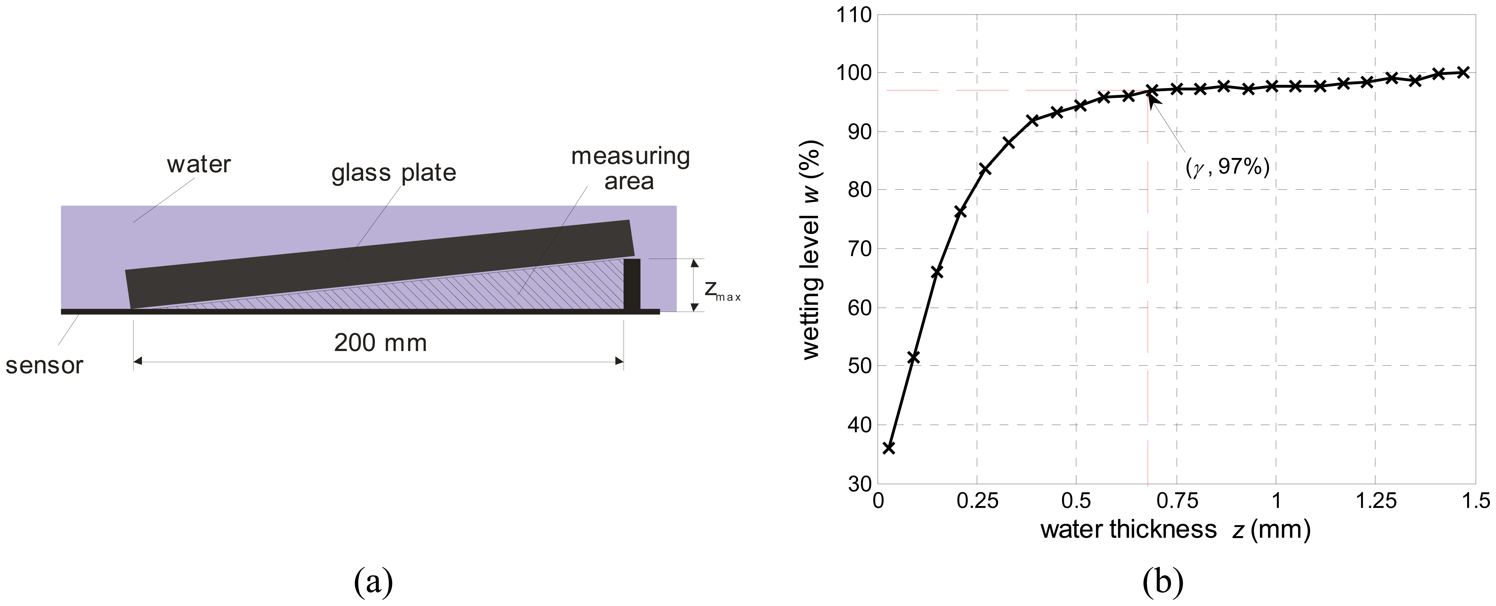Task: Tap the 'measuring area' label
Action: pos(630,169)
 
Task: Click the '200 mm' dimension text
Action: pos(380,343)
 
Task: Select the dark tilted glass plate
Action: pos(377,264)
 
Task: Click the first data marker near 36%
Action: pos(889,447)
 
